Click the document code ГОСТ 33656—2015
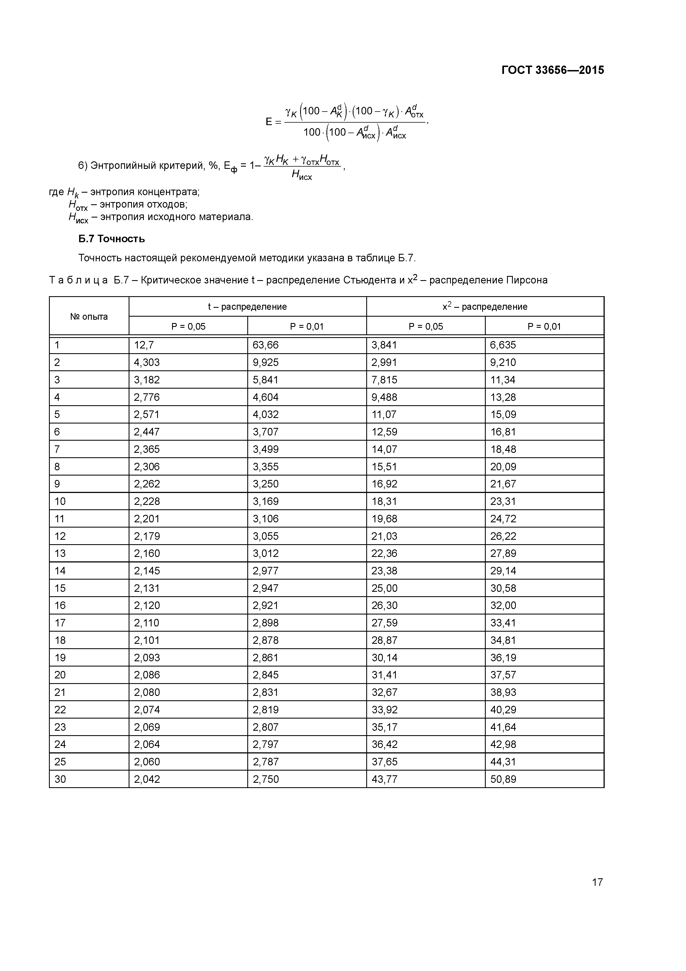[552, 70]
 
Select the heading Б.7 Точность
[111, 239]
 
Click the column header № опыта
[89, 317]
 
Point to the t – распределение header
[247, 307]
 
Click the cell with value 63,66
[266, 345]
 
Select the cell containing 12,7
[144, 345]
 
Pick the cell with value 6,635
[503, 345]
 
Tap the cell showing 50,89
[503, 779]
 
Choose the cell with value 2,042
[147, 779]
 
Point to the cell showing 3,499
[266, 449]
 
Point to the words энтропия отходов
[144, 205]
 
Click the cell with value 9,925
[266, 362]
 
